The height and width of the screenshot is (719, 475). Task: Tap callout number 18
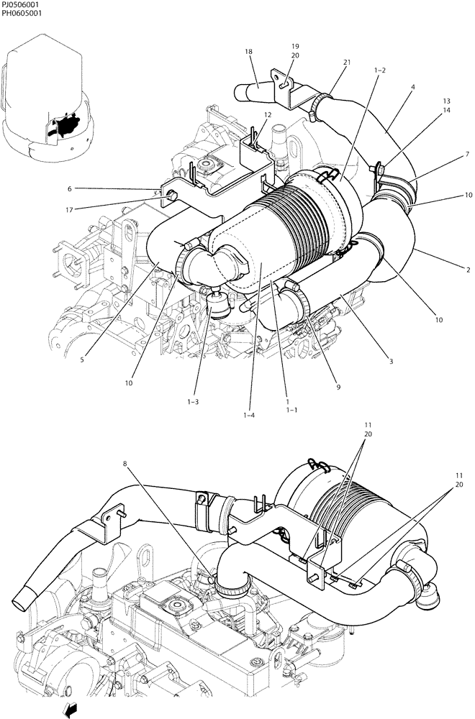pyautogui.click(x=248, y=52)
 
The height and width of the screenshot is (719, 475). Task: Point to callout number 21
pyautogui.click(x=346, y=63)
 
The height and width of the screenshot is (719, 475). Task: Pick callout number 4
pyautogui.click(x=412, y=88)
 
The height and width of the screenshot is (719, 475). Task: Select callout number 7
pyautogui.click(x=467, y=154)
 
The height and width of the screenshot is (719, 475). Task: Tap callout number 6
pyautogui.click(x=69, y=189)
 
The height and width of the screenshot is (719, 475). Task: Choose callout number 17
pyautogui.click(x=71, y=210)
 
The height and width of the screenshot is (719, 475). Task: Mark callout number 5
pyautogui.click(x=82, y=359)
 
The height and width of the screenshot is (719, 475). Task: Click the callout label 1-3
pyautogui.click(x=193, y=402)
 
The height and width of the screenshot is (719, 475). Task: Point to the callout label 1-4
pyautogui.click(x=249, y=415)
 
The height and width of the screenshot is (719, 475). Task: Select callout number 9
pyautogui.click(x=338, y=387)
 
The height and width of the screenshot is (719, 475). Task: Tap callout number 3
pyautogui.click(x=391, y=361)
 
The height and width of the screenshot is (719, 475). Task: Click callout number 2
pyautogui.click(x=467, y=270)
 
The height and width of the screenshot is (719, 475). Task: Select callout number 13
pyautogui.click(x=446, y=101)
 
